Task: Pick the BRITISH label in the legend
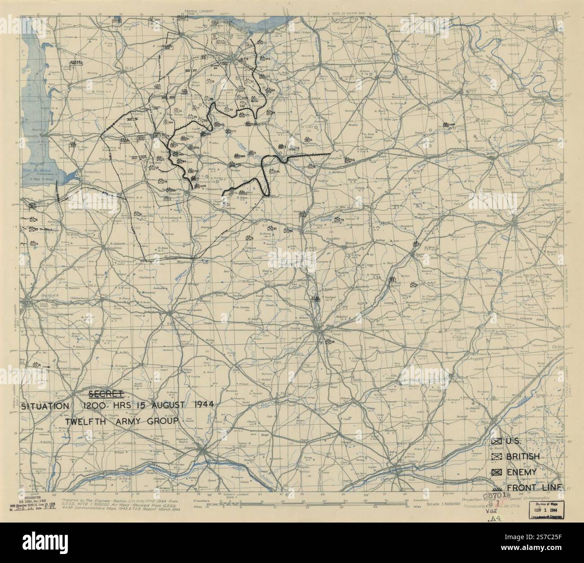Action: pyautogui.click(x=522, y=457)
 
